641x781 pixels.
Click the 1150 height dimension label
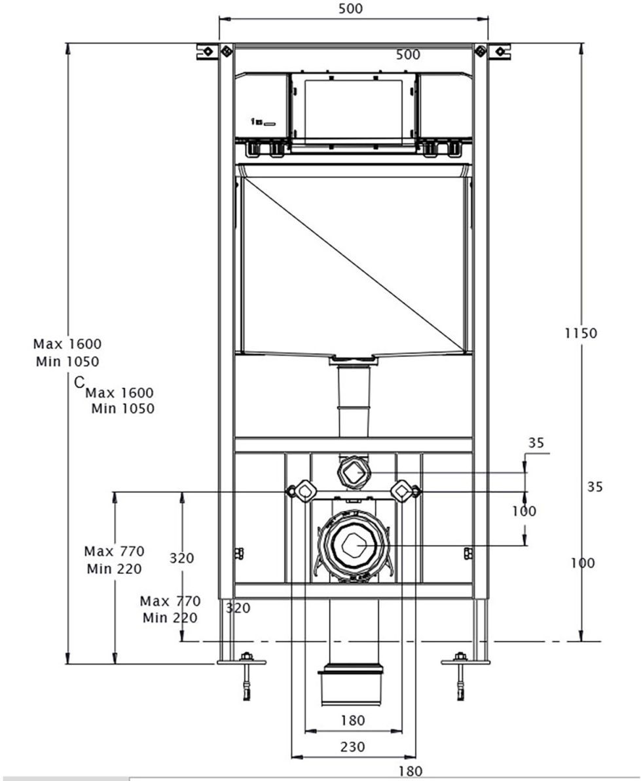point(581,333)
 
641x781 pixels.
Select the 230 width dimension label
point(353,746)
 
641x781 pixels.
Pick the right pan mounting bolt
point(402,491)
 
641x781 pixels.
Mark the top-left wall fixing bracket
point(208,51)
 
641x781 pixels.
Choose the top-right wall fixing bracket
point(498,51)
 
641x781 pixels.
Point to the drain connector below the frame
point(351,685)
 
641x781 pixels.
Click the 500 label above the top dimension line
point(351,9)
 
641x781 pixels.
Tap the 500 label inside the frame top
point(408,55)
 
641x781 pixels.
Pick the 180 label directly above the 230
point(353,721)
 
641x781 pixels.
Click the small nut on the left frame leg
point(239,553)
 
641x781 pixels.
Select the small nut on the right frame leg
point(467,553)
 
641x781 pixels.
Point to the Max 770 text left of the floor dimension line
point(114,551)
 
